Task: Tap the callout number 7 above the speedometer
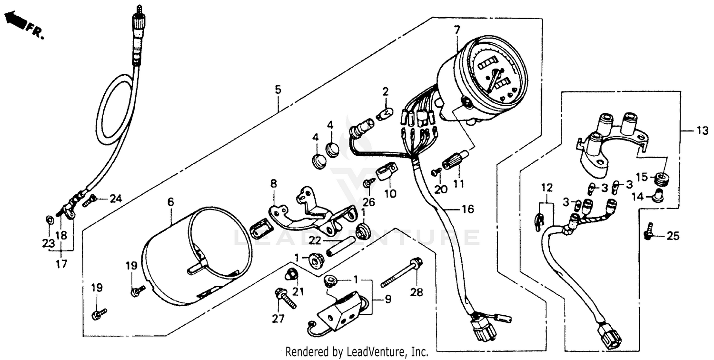pos(456,30)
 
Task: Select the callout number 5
pos(278,90)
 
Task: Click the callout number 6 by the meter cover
pos(170,202)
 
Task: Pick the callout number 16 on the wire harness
pos(468,209)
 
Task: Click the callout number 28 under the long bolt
pos(417,292)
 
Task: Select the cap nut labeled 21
pos(289,274)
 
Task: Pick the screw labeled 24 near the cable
pos(90,201)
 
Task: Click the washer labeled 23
pos(50,220)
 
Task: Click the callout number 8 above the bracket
pos(273,183)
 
